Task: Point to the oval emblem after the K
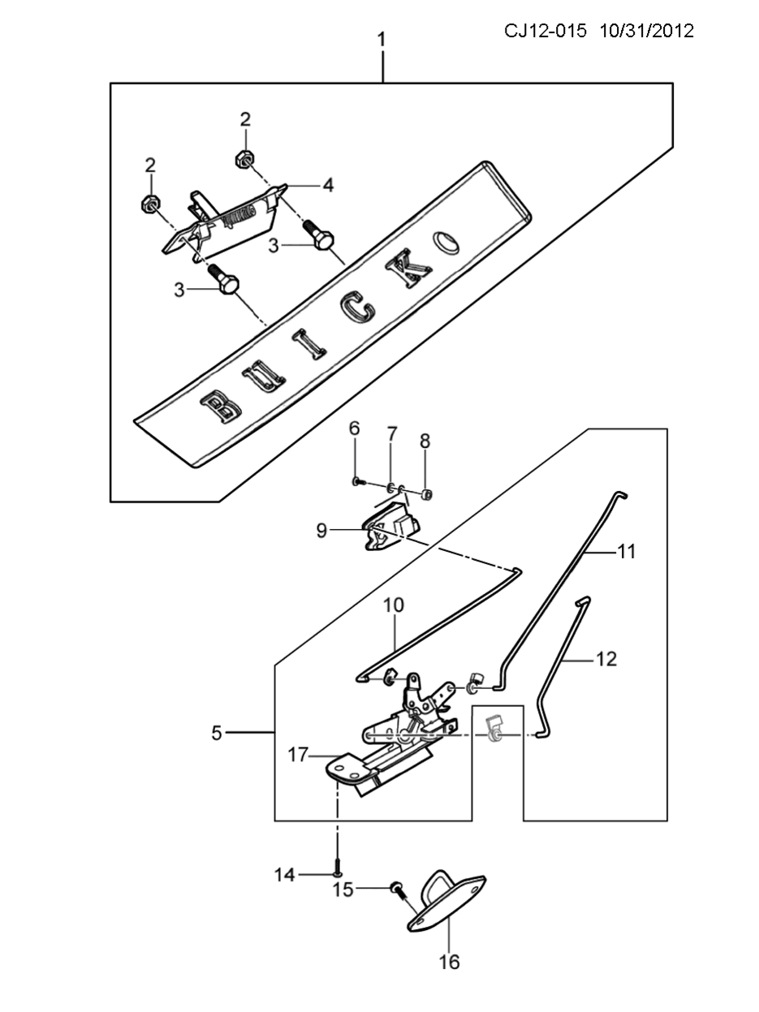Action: [446, 242]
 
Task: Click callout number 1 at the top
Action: [382, 40]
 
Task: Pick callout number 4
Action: [328, 185]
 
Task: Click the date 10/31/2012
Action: [647, 31]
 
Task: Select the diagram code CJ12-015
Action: [545, 31]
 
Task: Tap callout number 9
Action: [321, 531]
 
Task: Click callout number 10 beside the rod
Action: [394, 605]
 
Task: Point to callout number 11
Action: [626, 551]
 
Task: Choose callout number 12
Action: [606, 659]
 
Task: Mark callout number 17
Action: [297, 755]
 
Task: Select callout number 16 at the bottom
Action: [450, 962]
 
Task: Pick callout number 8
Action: [425, 441]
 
